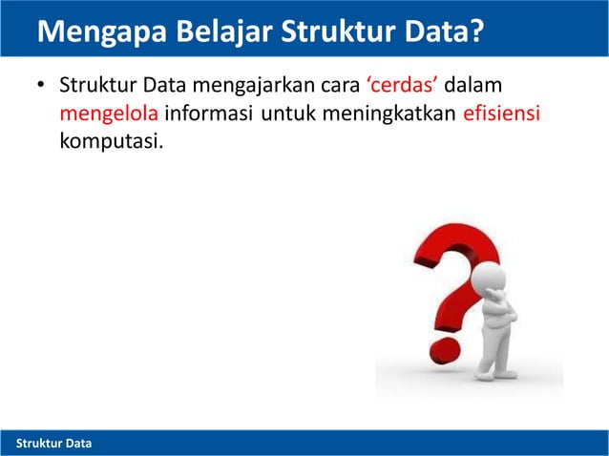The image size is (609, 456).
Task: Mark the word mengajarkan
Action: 253,89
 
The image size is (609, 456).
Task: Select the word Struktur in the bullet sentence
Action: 96,89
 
